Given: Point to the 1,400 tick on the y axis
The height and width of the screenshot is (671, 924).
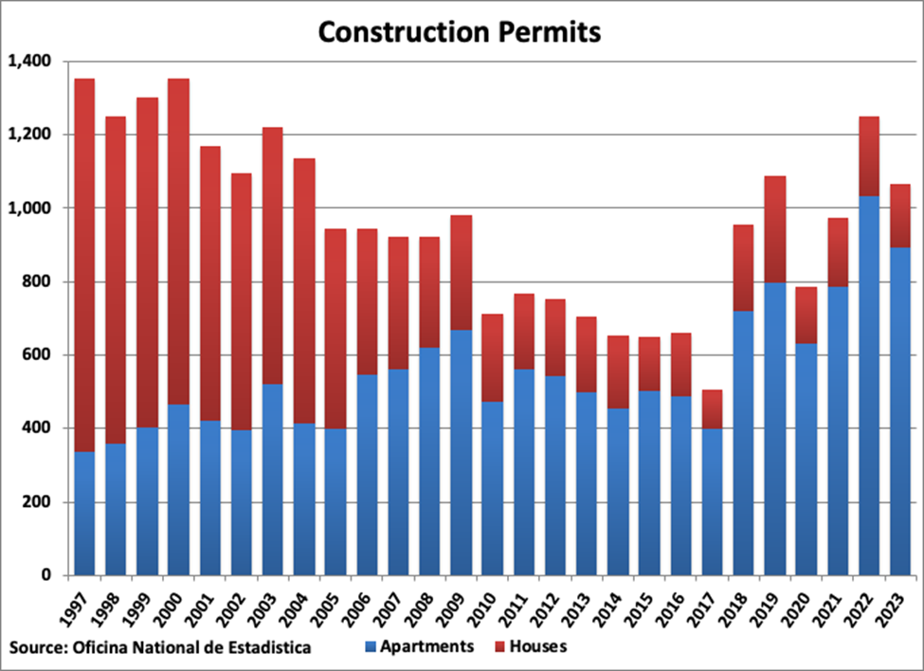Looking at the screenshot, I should (x=30, y=62).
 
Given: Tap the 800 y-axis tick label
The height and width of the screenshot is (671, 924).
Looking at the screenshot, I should (x=38, y=281).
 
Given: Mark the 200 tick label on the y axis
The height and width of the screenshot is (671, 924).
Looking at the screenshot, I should (x=38, y=502).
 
